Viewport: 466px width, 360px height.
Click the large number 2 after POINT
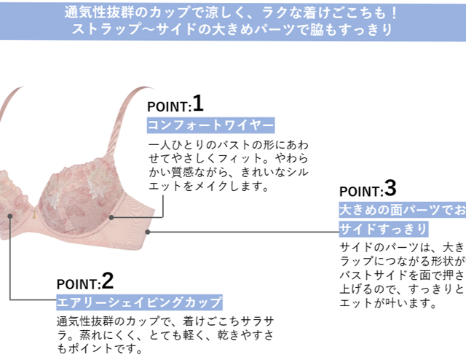click(x=108, y=280)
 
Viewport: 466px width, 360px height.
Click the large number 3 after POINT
click(x=390, y=189)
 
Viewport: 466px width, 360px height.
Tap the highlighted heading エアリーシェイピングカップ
click(x=139, y=302)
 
